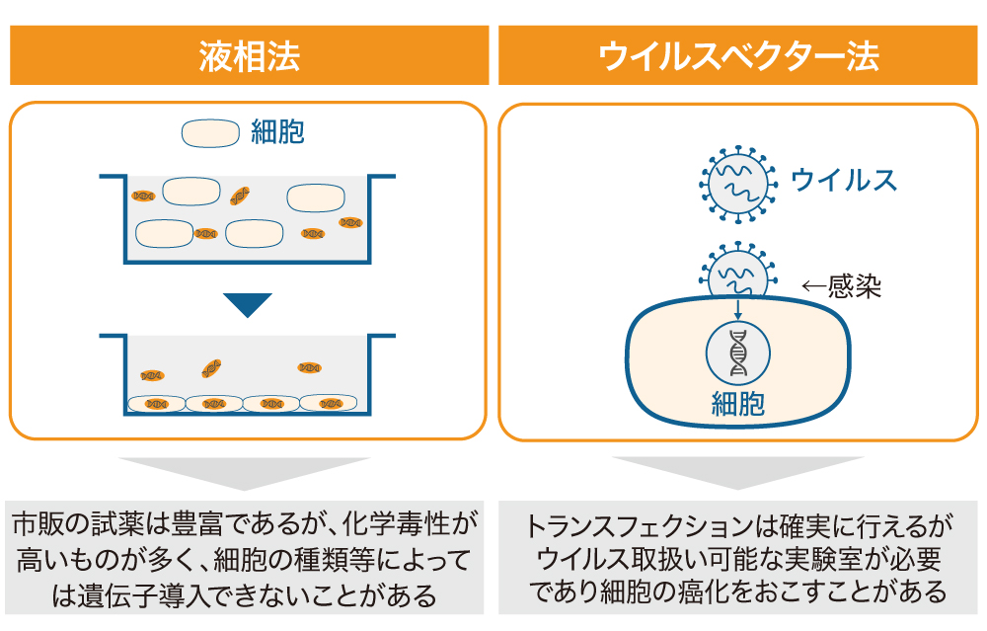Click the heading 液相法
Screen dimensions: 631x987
[x=249, y=56]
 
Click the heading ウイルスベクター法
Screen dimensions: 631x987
[x=739, y=56]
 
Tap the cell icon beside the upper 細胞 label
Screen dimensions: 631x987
[x=209, y=133]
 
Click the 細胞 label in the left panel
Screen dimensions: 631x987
[x=277, y=133]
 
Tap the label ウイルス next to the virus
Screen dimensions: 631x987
[x=845, y=181]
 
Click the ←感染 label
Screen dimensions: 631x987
[x=840, y=286]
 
